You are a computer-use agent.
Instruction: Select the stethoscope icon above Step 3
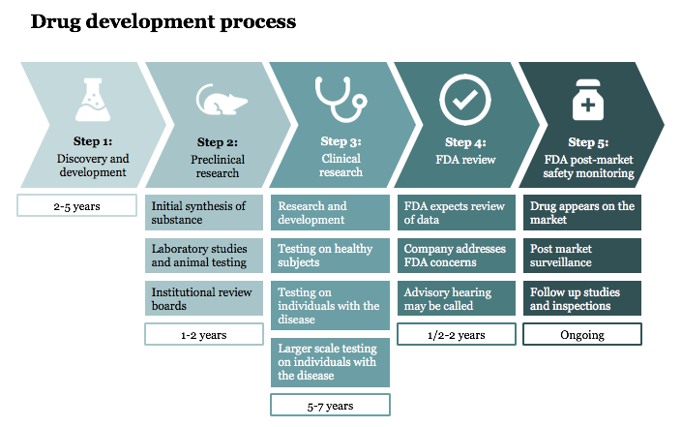335,98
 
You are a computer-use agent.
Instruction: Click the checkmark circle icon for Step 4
460,97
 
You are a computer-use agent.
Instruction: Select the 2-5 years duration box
77,206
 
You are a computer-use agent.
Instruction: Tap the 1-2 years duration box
204,334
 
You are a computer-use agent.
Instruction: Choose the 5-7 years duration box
330,405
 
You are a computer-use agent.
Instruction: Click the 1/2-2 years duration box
457,334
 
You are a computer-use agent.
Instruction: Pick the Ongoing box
582,334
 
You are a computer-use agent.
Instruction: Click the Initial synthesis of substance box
204,214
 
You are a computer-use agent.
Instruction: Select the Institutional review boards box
204,299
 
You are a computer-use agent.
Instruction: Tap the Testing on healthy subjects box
330,257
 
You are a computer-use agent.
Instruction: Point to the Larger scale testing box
330,362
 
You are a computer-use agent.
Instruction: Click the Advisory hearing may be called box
457,299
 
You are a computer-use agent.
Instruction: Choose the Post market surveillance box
582,257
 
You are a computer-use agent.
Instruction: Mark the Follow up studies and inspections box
582,299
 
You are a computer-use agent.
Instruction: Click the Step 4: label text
459,143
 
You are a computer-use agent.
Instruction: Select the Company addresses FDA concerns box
457,257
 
